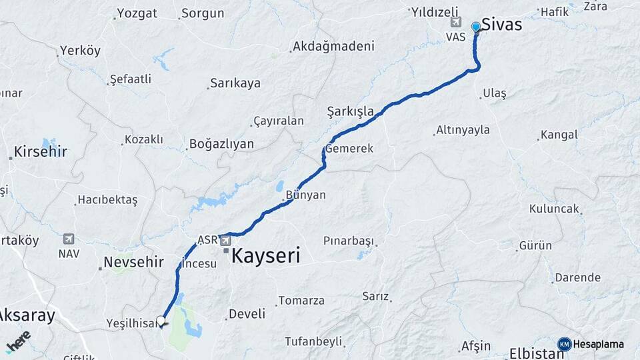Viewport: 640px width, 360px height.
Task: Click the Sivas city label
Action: (501, 25)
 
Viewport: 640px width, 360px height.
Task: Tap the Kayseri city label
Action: (266, 255)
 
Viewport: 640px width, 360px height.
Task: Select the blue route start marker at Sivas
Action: (475, 27)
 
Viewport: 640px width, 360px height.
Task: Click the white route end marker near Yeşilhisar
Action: (161, 320)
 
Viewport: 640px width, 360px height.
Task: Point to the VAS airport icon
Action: (456, 23)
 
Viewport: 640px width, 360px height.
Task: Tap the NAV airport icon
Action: (68, 239)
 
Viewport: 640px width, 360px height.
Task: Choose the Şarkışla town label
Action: (350, 111)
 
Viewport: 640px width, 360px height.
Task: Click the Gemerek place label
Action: (349, 148)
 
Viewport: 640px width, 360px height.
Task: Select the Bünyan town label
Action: (305, 195)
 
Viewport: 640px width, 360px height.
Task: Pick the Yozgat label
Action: (137, 13)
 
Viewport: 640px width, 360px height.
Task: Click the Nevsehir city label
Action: (133, 262)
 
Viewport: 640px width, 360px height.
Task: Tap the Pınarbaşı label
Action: (349, 240)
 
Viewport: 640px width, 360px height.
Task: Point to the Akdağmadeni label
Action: (333, 47)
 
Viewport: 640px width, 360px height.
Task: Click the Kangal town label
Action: (559, 135)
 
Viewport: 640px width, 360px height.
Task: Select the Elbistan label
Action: (537, 353)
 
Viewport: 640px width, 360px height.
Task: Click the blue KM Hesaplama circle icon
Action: (565, 344)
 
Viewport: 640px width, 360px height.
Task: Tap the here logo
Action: (19, 342)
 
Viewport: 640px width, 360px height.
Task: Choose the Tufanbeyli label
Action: (313, 341)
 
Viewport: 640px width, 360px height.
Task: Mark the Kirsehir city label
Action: (41, 151)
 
